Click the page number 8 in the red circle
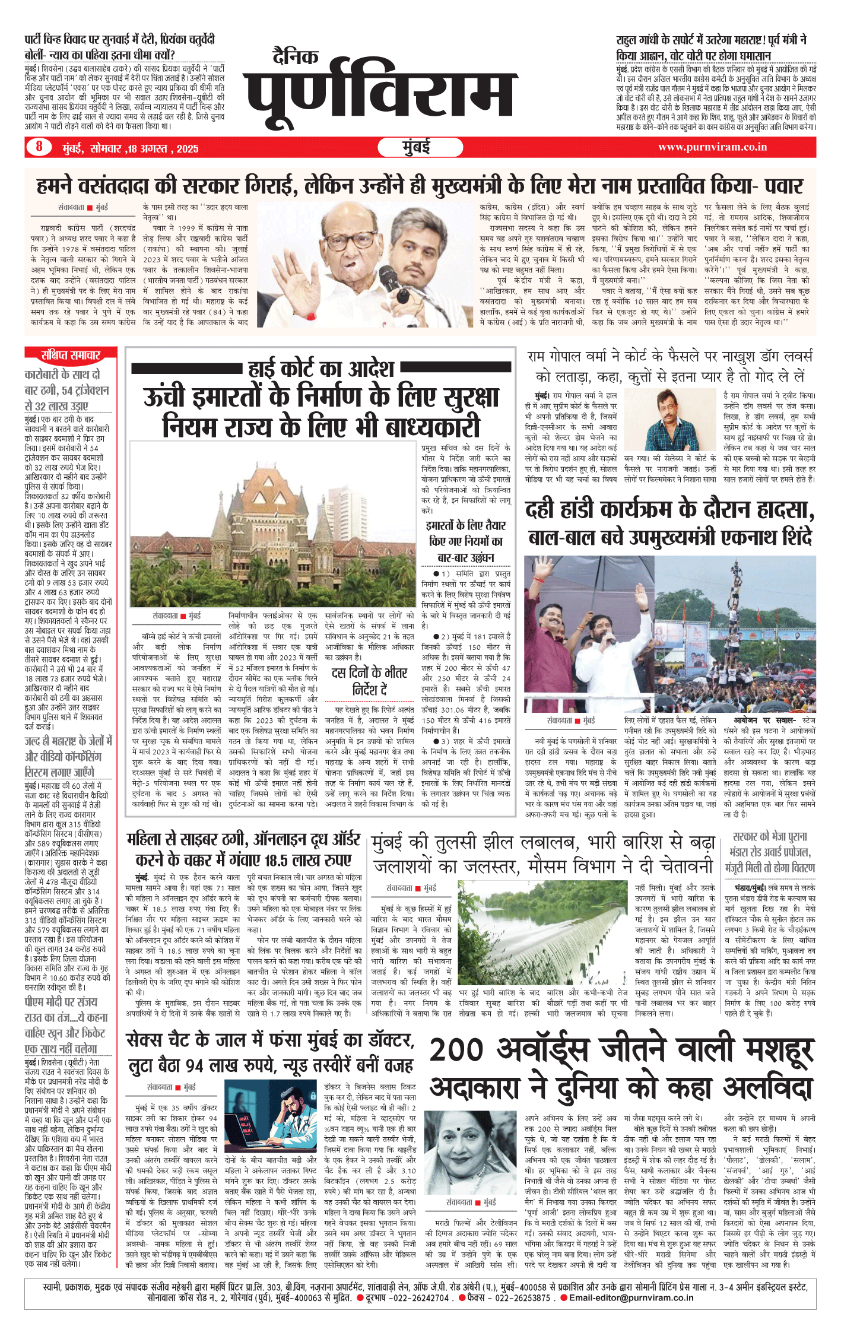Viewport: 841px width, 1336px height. [x=39, y=147]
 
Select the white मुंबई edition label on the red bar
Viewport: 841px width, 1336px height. [x=417, y=147]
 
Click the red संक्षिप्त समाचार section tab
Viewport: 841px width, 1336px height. [x=70, y=355]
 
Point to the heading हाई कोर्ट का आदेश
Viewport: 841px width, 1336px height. [x=320, y=369]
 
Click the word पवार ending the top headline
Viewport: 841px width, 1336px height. [x=781, y=186]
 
